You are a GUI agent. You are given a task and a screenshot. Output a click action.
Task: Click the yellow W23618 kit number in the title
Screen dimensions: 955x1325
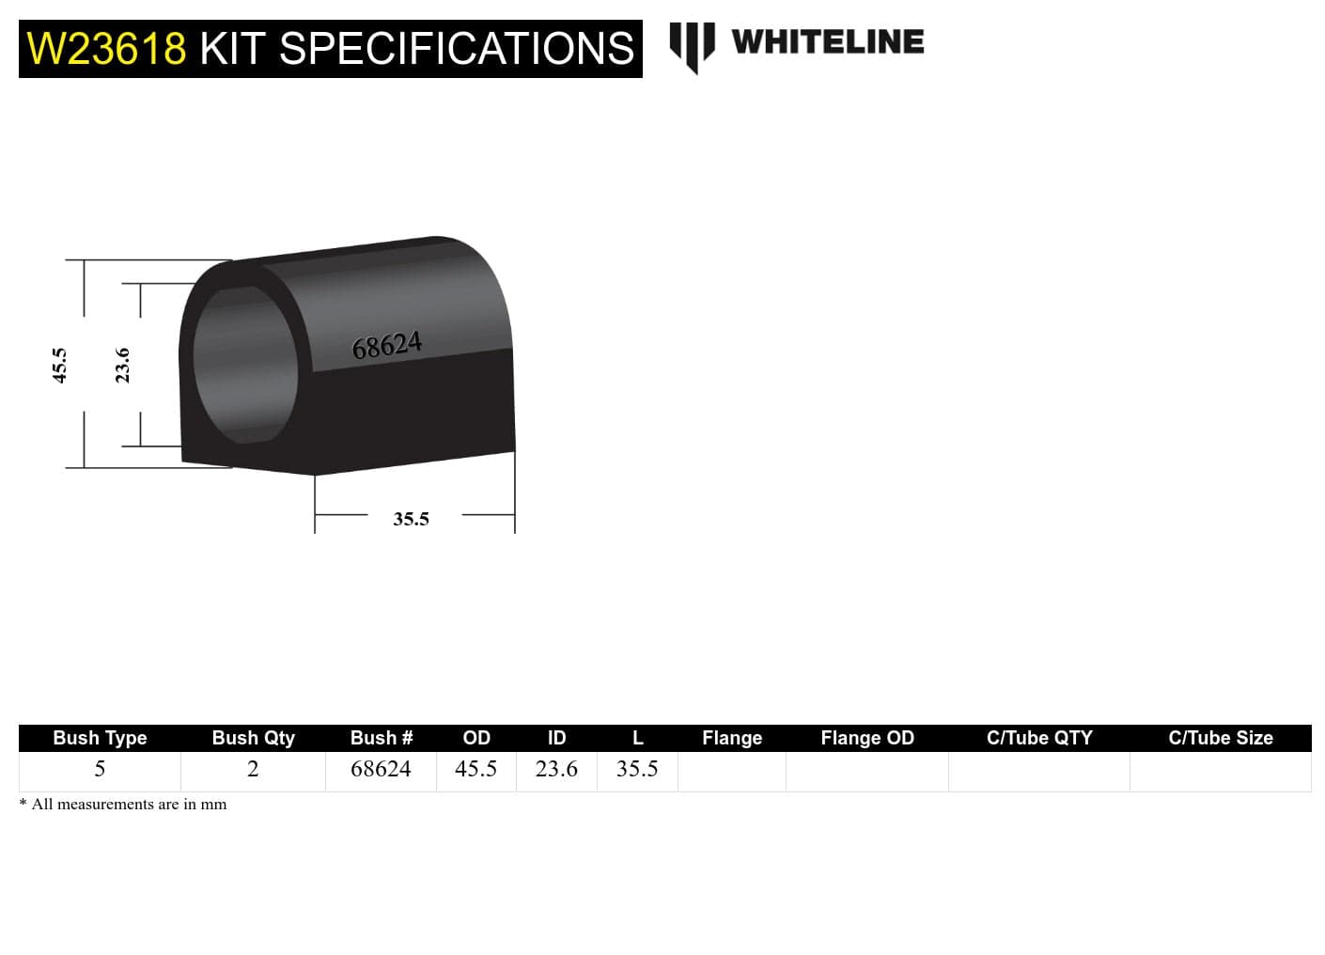click(x=106, y=49)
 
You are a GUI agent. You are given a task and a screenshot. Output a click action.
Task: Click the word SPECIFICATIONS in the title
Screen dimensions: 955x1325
click(x=457, y=49)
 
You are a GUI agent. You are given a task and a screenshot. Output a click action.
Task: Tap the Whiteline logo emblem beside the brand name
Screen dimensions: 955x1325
click(x=692, y=45)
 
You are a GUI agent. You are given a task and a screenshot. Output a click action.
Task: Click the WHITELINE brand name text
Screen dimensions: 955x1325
click(x=827, y=42)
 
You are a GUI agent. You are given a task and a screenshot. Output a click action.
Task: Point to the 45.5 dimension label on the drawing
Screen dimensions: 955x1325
click(x=59, y=365)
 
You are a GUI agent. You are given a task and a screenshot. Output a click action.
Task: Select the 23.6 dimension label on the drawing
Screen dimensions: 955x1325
click(x=122, y=365)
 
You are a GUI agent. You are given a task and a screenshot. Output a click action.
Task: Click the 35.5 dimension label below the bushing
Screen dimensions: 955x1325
click(x=411, y=519)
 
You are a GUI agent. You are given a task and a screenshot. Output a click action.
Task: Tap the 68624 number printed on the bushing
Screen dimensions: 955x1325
click(x=386, y=346)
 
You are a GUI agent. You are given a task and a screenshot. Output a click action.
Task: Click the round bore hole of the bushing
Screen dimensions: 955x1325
click(x=245, y=365)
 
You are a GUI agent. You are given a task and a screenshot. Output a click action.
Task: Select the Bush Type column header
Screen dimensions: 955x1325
click(x=100, y=738)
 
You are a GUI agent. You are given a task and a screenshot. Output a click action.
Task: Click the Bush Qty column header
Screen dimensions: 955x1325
click(x=253, y=738)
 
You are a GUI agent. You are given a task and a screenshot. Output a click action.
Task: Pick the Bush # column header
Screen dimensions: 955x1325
click(x=381, y=738)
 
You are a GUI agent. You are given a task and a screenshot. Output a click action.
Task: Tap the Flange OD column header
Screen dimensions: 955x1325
click(x=866, y=738)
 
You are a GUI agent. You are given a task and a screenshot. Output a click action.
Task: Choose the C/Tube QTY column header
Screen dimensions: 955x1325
click(x=1039, y=738)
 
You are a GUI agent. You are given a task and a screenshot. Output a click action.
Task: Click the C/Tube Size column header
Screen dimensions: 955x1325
click(x=1220, y=738)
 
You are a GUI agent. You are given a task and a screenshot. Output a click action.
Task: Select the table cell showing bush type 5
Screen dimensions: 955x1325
click(x=100, y=769)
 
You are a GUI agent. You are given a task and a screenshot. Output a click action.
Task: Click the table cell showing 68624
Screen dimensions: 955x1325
click(x=381, y=769)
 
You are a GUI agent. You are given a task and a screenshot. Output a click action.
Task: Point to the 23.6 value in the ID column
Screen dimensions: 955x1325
click(x=556, y=769)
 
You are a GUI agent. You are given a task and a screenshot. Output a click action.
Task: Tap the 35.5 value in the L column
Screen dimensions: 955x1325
click(x=637, y=769)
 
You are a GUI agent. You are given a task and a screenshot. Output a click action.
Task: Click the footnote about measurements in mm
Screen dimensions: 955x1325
click(x=123, y=805)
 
